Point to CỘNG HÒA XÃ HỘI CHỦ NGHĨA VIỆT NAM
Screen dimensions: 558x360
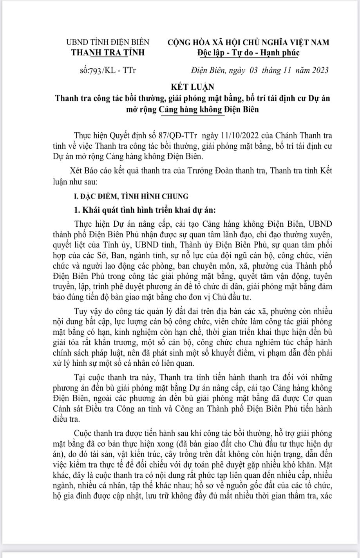point(248,42)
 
